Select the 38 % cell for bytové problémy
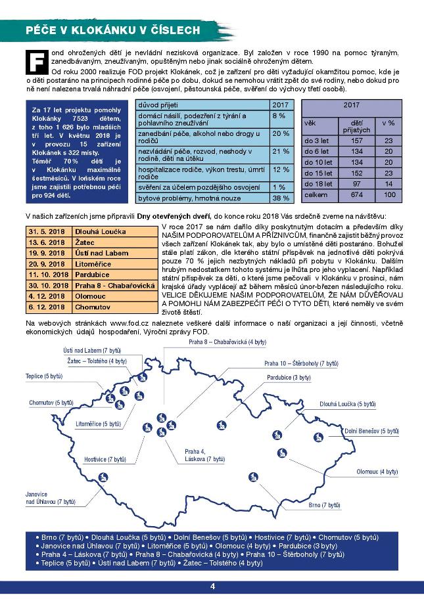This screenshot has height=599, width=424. [x=281, y=198]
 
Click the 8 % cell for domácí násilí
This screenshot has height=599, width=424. [x=281, y=116]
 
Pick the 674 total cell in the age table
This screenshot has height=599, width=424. [x=358, y=194]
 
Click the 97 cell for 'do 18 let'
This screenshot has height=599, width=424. [x=358, y=184]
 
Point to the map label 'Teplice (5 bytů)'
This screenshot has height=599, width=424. [x=44, y=376]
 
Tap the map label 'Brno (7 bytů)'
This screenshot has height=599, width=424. [x=325, y=505]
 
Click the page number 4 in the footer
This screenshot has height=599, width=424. [x=212, y=587]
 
